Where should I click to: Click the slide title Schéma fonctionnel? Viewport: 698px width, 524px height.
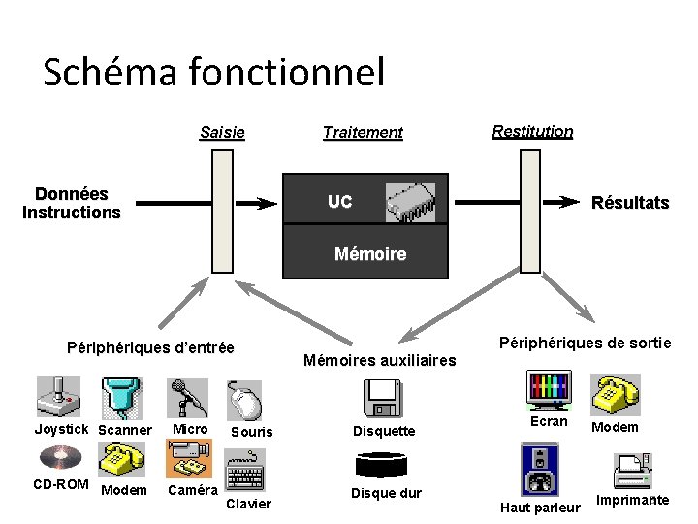[x=213, y=72]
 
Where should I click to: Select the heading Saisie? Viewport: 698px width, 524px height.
[x=222, y=132]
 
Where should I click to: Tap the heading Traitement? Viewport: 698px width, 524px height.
[x=363, y=132]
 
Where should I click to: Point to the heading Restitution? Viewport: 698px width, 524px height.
[x=532, y=131]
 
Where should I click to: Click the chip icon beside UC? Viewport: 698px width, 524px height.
[x=410, y=203]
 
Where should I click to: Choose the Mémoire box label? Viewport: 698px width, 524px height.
[x=369, y=254]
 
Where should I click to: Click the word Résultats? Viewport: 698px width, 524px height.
[x=630, y=203]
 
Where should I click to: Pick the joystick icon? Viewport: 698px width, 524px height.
[x=59, y=395]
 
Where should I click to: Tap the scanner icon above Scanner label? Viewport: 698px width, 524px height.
[x=122, y=396]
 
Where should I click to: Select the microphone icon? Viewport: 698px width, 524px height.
[x=187, y=396]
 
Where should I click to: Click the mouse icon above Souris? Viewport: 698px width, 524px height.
[x=245, y=400]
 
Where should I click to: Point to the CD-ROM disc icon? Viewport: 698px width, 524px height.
[x=58, y=456]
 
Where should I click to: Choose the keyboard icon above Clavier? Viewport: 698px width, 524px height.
[x=245, y=475]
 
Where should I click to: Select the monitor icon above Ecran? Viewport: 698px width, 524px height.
[x=549, y=390]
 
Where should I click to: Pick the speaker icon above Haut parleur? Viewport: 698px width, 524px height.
[x=540, y=470]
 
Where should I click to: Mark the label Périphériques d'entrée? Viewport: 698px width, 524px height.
[x=149, y=347]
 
